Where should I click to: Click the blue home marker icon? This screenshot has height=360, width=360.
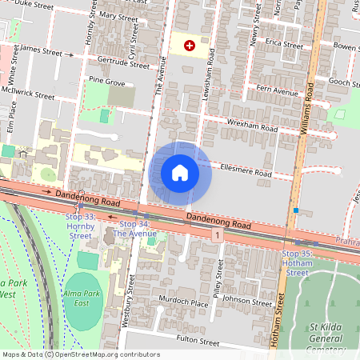[180, 172]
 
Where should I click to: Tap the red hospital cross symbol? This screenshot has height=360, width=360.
[190, 46]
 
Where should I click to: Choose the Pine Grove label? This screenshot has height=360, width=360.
[106, 81]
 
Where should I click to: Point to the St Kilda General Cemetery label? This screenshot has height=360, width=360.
[324, 337]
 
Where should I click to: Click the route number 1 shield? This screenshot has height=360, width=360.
[217, 233]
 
